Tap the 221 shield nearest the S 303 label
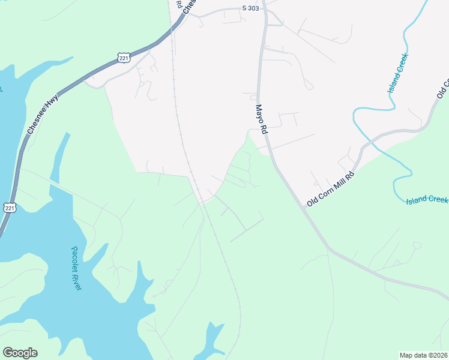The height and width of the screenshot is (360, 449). coord(124,58)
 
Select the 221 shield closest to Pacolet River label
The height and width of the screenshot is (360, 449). coord(9,208)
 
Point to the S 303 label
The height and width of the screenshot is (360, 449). coord(251,8)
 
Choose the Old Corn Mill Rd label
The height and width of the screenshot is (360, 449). coord(331,189)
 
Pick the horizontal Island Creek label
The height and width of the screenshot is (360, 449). coord(427,200)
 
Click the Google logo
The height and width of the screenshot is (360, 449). coord(20,353)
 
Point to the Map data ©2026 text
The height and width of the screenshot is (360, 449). coord(424,355)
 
